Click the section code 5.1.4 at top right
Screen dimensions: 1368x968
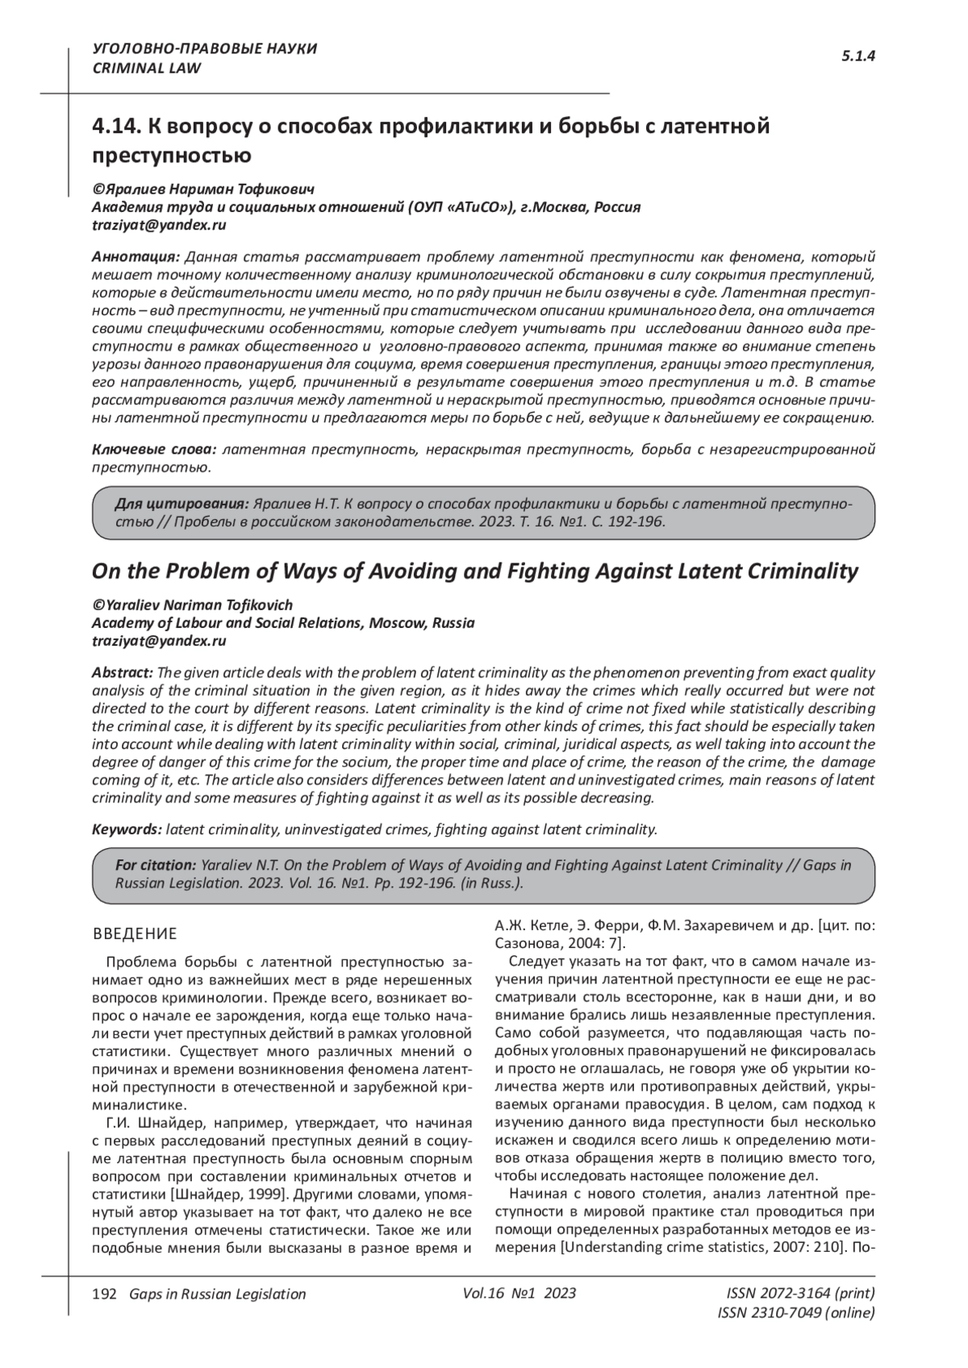[x=858, y=56]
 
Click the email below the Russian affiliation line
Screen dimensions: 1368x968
[x=159, y=225]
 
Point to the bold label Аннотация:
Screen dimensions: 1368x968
[x=136, y=257]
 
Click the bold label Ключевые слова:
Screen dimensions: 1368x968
[x=154, y=448]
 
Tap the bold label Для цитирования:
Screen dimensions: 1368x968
[x=181, y=504]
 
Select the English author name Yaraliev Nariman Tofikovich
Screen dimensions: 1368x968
[x=198, y=605]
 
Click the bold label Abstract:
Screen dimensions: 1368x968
[x=123, y=672]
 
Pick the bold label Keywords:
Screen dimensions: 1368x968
[x=127, y=829]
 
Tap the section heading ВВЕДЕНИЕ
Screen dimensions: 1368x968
[x=135, y=934]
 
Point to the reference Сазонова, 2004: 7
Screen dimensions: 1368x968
[x=554, y=944]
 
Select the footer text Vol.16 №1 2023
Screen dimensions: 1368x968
[x=519, y=1293]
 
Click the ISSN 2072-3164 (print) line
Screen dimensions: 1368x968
[x=800, y=1293]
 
